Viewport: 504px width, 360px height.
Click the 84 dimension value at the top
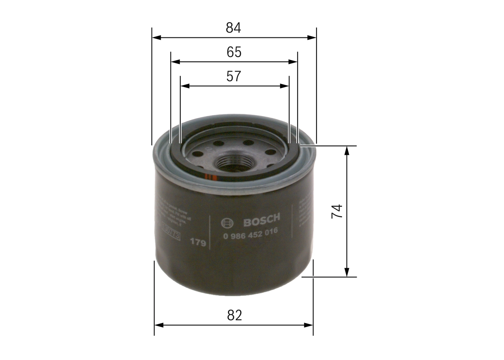point(233,28)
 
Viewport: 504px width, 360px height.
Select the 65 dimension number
point(234,52)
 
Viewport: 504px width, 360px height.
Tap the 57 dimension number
point(233,76)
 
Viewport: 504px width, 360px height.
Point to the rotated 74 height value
point(337,212)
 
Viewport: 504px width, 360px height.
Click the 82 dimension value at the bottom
point(234,315)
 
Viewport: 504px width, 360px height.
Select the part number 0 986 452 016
point(250,233)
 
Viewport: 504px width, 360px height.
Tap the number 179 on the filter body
point(198,242)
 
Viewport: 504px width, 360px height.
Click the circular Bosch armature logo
point(228,223)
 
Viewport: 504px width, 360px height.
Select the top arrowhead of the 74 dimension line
point(346,150)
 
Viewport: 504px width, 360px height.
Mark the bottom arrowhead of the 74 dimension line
point(346,273)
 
